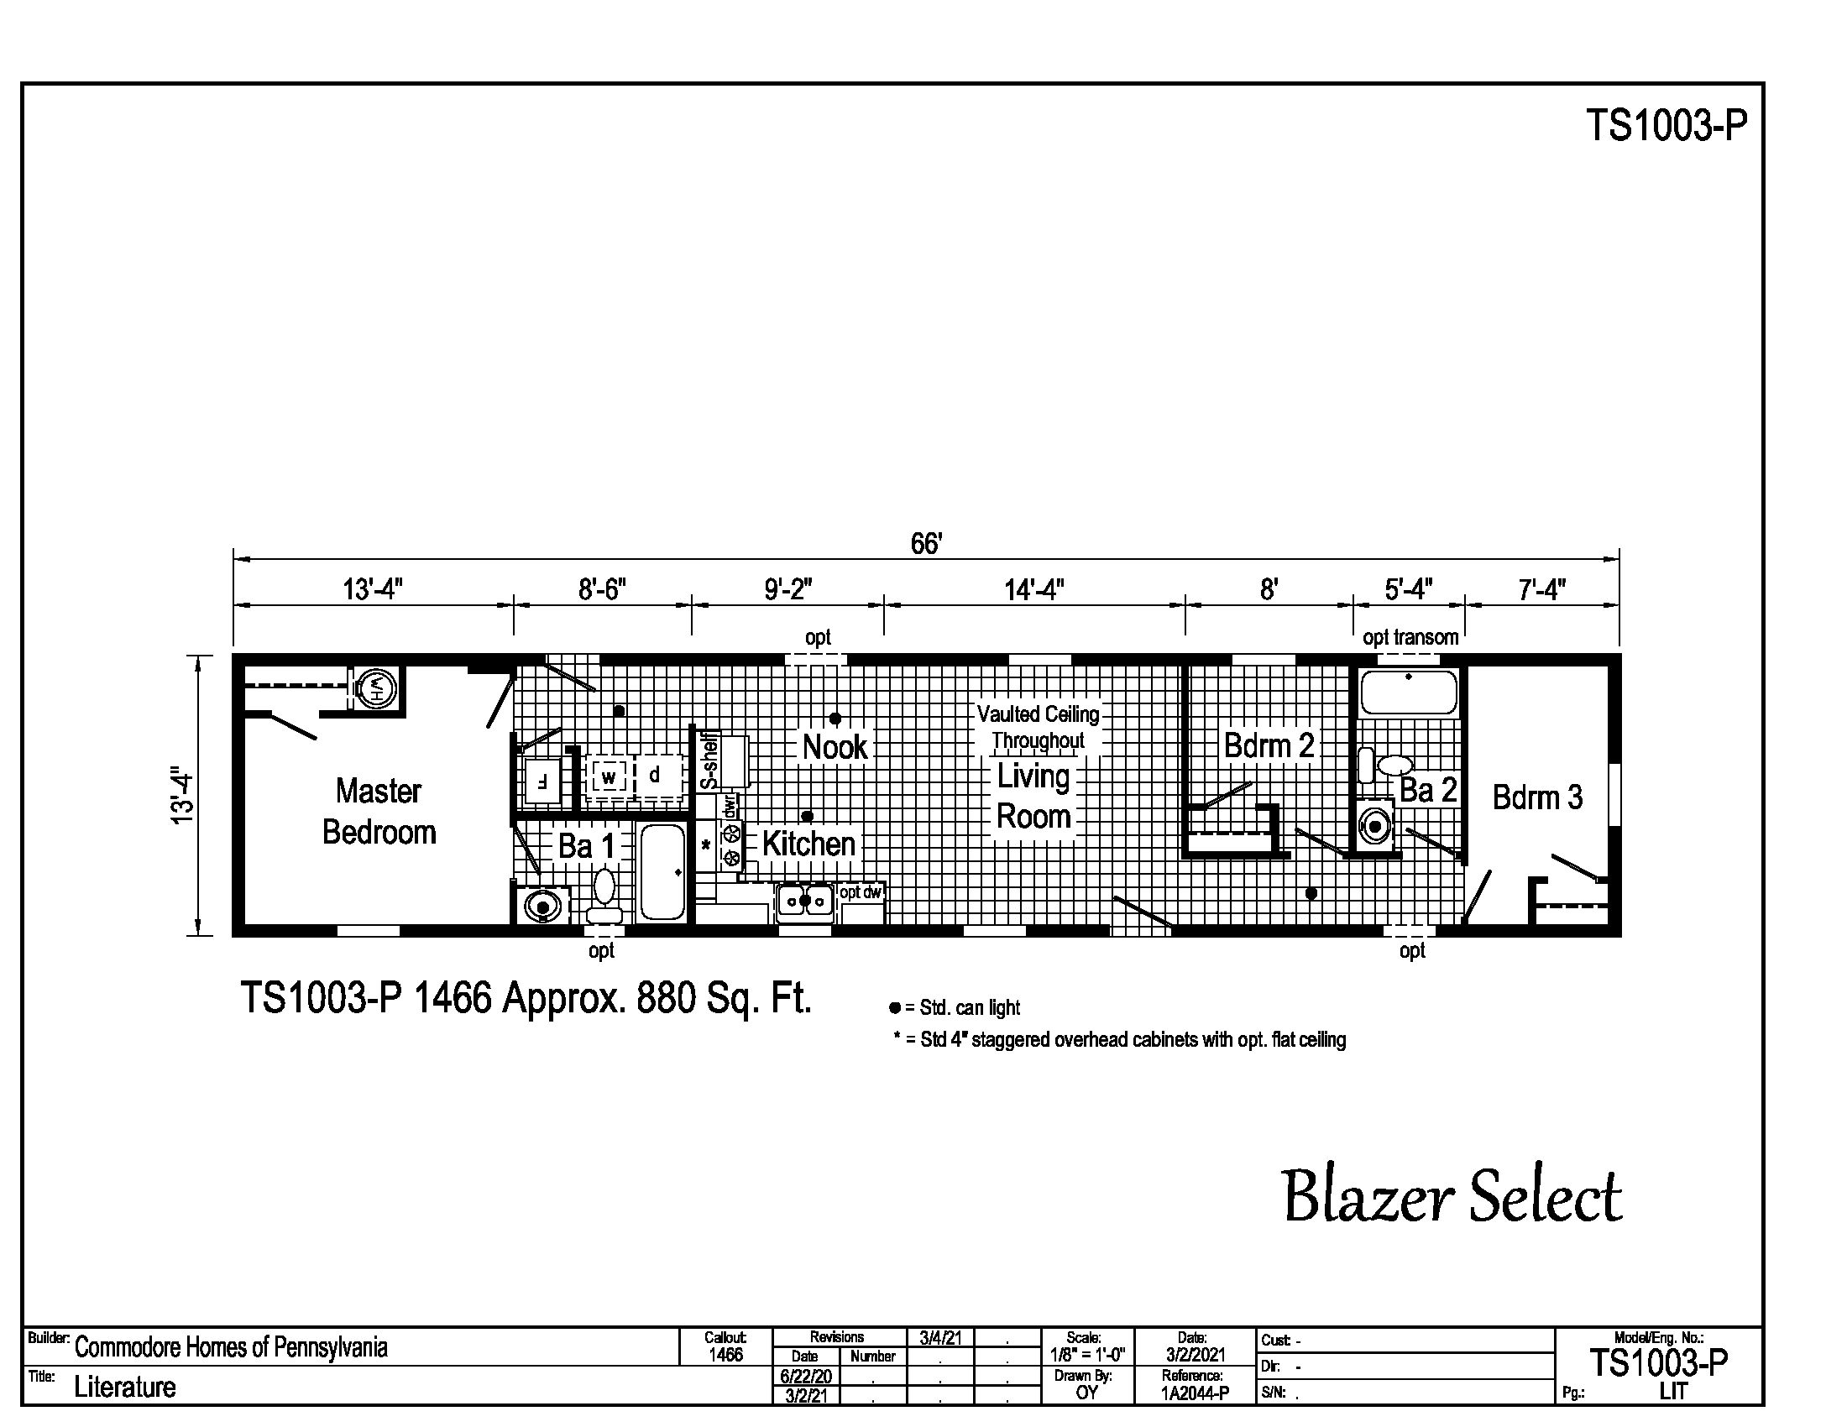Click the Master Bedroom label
[379, 812]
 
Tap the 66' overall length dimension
[926, 544]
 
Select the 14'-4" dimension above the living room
[1033, 589]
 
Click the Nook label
[835, 747]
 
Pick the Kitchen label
[808, 844]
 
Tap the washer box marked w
[609, 776]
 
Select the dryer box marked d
[654, 776]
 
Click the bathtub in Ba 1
[662, 871]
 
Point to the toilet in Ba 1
[604, 896]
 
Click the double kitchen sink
[805, 902]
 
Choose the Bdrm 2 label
[1269, 745]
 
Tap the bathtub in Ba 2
[1408, 692]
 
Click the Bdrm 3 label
[1536, 797]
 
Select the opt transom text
[1410, 637]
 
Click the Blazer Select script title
[1452, 1198]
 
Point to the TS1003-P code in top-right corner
[1665, 125]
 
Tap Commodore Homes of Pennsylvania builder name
[231, 1347]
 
